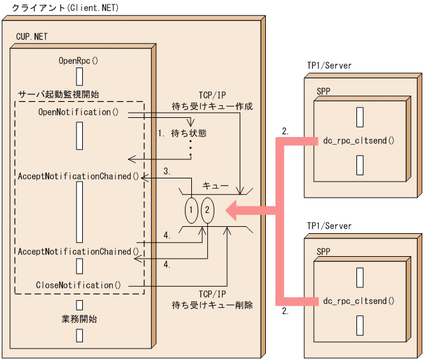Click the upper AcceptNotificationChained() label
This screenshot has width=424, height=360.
(x=78, y=175)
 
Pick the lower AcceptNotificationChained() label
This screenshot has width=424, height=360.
(x=78, y=251)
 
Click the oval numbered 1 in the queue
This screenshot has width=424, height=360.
(x=191, y=210)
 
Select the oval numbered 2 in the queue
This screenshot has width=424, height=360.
(x=207, y=210)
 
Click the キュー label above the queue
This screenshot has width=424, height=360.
(x=216, y=185)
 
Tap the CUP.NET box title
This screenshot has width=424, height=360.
(x=31, y=37)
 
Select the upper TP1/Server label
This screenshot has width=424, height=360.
(x=329, y=66)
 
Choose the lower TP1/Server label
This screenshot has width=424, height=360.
(x=329, y=226)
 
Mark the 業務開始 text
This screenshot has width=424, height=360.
(x=80, y=318)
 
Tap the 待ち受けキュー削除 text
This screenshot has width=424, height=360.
(x=213, y=305)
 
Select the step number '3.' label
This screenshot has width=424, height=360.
(x=167, y=171)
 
